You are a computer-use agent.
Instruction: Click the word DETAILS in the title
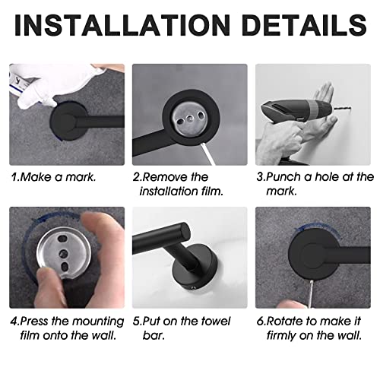[x=304, y=25]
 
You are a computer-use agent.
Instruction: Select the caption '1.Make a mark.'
[x=54, y=177]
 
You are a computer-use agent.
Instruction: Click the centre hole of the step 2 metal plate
[x=189, y=118]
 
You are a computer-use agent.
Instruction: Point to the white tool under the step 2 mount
[x=207, y=154]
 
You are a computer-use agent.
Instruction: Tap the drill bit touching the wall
[x=342, y=109]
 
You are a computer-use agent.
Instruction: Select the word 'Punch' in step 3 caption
[x=283, y=177]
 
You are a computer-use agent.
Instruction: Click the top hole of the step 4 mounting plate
[x=62, y=239]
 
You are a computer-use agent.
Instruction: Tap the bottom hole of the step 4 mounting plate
[x=65, y=267]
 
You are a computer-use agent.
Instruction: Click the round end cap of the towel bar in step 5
[x=183, y=233]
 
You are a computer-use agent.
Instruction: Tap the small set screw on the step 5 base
[x=194, y=288]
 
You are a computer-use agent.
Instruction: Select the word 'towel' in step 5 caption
[x=216, y=321]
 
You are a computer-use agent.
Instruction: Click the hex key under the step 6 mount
[x=311, y=294]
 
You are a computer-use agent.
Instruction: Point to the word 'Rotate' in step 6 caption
[x=284, y=321]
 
